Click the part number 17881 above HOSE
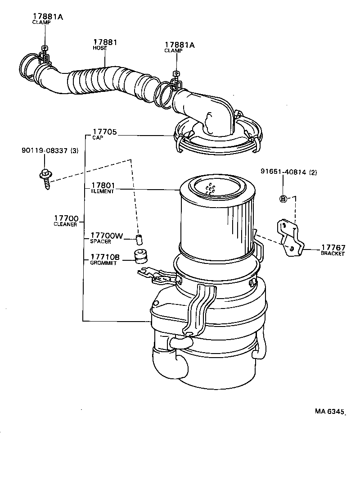(x=105, y=42)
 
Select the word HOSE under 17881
(x=99, y=48)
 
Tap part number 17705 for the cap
(x=104, y=132)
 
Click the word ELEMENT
(x=102, y=191)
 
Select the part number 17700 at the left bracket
(x=66, y=218)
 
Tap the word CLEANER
(x=65, y=224)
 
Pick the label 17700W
(x=107, y=236)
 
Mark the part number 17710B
(x=105, y=257)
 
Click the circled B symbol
(x=283, y=199)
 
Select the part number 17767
(x=333, y=248)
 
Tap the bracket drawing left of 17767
(x=290, y=238)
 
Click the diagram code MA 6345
(x=329, y=411)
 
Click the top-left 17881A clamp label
(x=48, y=16)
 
